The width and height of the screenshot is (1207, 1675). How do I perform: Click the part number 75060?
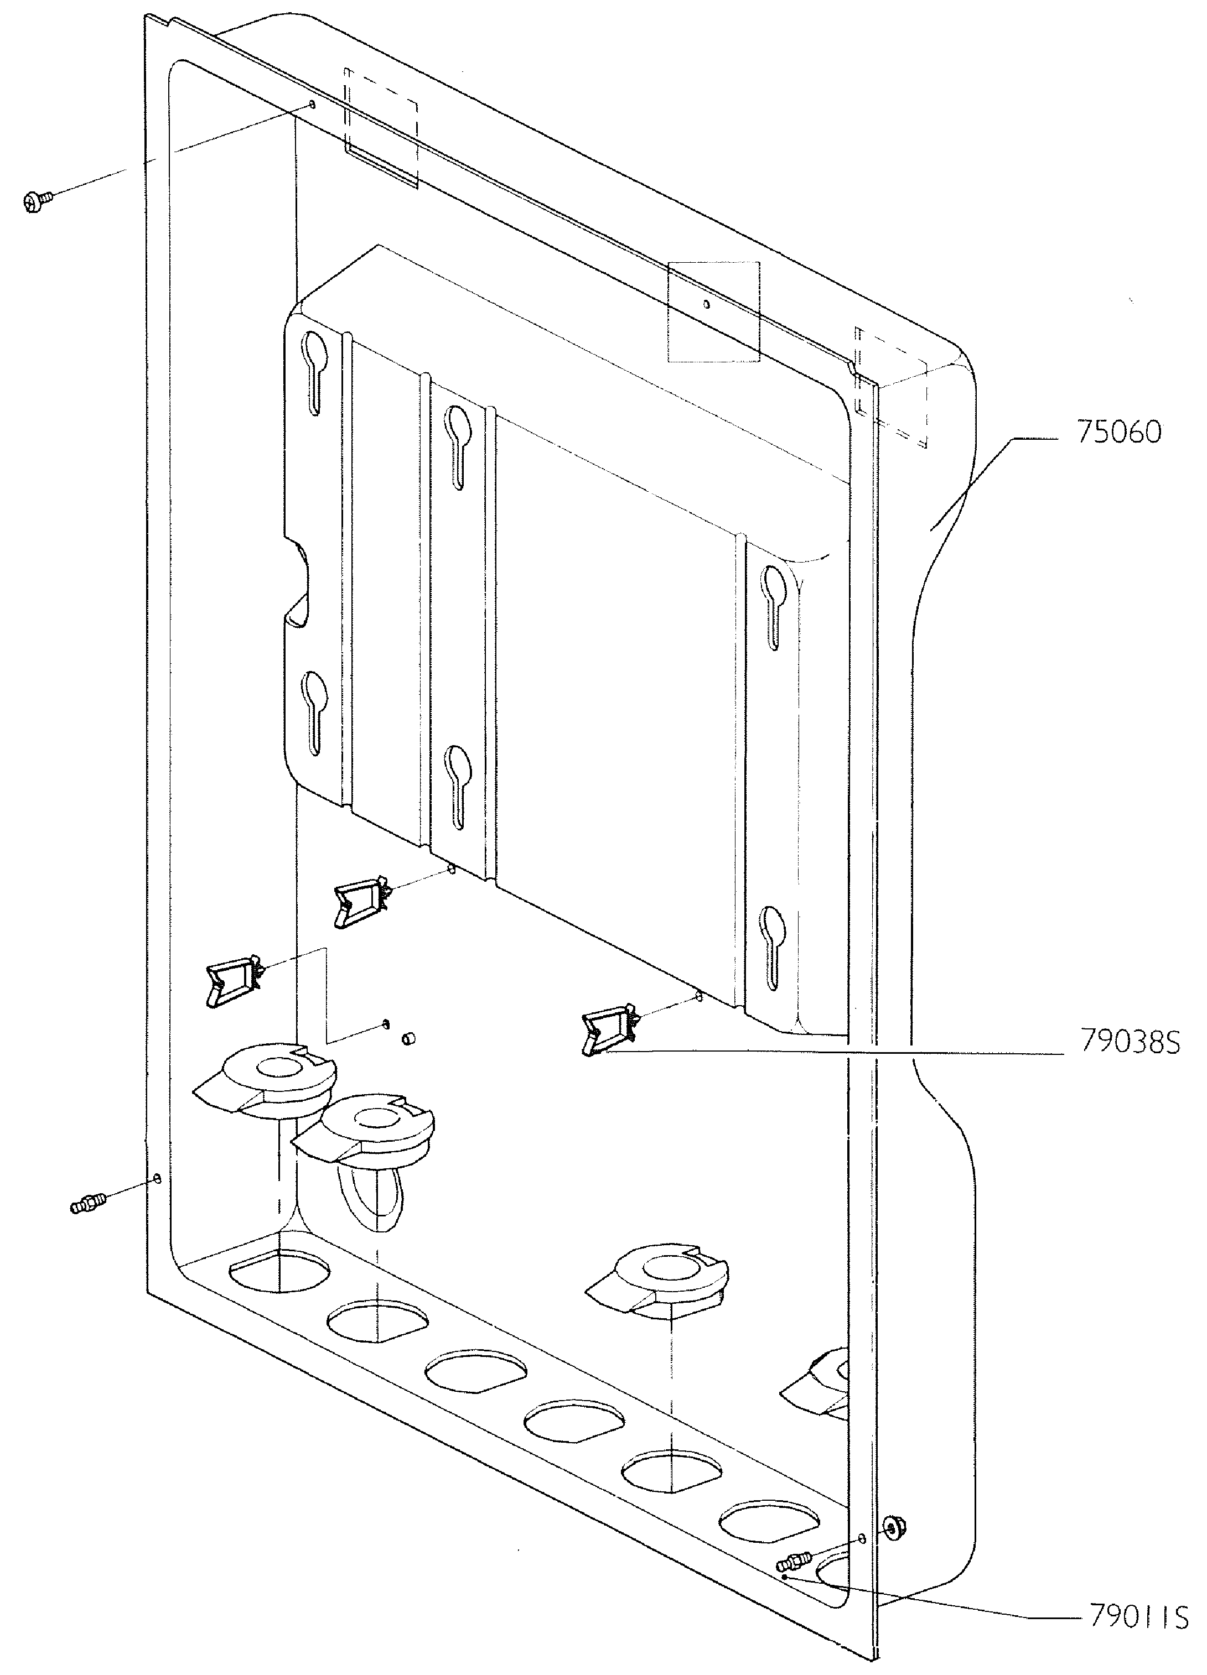click(x=1118, y=432)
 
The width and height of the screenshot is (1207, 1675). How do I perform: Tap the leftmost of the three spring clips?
click(x=234, y=981)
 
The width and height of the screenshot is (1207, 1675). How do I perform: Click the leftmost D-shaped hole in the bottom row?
click(x=279, y=1270)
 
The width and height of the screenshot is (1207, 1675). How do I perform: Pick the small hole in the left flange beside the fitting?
click(x=157, y=1177)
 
